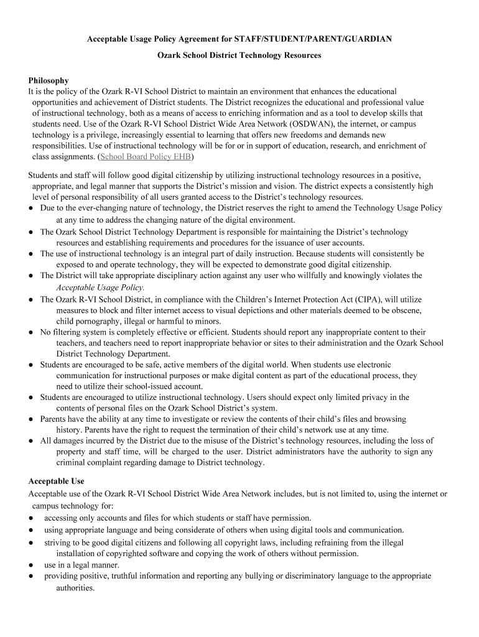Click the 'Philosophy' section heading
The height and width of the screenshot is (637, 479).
click(x=49, y=80)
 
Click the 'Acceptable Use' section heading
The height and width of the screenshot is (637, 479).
click(x=56, y=481)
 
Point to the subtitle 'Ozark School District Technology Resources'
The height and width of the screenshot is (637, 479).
click(x=239, y=55)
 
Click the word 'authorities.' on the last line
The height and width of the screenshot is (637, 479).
click(x=75, y=587)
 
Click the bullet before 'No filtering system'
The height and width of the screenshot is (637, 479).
click(x=30, y=333)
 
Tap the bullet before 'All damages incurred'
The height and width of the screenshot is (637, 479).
click(x=30, y=441)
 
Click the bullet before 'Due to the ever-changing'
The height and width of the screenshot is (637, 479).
click(x=30, y=208)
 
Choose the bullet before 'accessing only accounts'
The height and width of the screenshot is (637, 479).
click(x=30, y=518)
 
